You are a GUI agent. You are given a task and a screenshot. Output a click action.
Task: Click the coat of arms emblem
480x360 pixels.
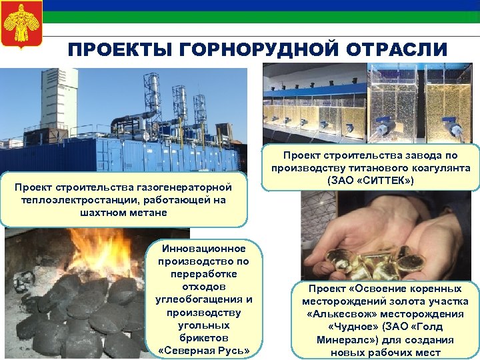point(22,23)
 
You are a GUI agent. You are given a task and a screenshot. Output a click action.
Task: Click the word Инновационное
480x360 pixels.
point(204,249)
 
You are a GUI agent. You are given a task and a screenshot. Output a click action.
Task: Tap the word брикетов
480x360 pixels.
point(204,338)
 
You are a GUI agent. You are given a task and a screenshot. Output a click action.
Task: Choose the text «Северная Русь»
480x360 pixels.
point(204,351)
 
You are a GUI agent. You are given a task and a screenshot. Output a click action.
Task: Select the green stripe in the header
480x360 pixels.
point(267,17)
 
